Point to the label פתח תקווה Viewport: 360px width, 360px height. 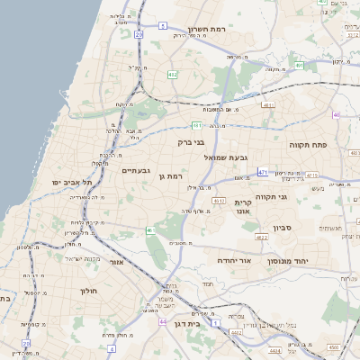tap(311, 144)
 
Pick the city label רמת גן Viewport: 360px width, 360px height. tap(170, 176)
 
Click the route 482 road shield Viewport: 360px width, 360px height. tap(173, 75)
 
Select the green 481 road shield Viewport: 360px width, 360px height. tap(196, 126)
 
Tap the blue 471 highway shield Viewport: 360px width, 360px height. tap(263, 171)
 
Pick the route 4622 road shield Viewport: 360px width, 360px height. tap(261, 238)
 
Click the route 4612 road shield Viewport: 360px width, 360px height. tap(311, 175)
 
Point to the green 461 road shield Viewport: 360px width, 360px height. tap(149, 231)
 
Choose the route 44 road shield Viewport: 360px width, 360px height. tap(163, 320)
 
